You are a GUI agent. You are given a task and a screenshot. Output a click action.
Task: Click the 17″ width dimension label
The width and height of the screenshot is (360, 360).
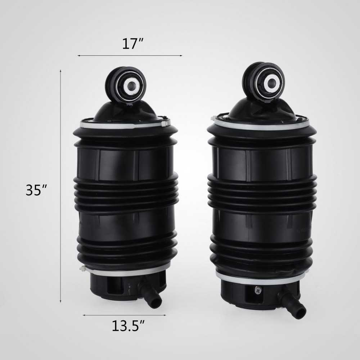coord(130,44)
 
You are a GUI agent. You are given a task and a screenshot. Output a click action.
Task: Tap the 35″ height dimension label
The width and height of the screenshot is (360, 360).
coord(36,190)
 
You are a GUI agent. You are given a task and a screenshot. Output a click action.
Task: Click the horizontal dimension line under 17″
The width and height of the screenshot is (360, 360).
coord(130,55)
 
